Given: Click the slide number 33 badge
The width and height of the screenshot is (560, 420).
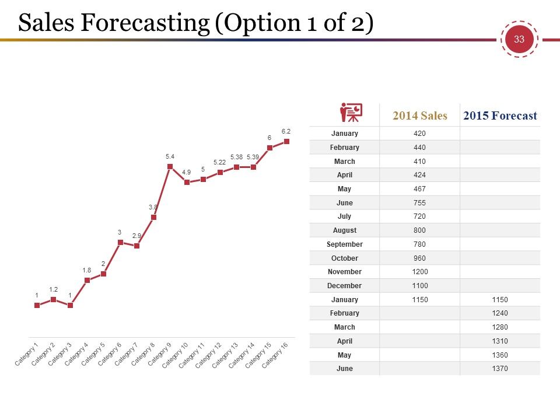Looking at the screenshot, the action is pyautogui.click(x=519, y=39).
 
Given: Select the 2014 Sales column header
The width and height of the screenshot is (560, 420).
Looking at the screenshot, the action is pyautogui.click(x=419, y=116).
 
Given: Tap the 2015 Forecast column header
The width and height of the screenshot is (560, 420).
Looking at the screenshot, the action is pyautogui.click(x=500, y=116).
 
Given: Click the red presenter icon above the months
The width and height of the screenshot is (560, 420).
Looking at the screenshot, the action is pyautogui.click(x=351, y=113).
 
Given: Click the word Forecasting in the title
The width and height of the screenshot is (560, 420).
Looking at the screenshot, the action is pyautogui.click(x=145, y=23).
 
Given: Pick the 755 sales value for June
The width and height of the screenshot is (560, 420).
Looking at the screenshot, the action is pyautogui.click(x=419, y=203).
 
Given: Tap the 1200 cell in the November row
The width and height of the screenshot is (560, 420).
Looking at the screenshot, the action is pyautogui.click(x=419, y=272).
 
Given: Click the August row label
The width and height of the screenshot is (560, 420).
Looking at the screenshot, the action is pyautogui.click(x=345, y=230).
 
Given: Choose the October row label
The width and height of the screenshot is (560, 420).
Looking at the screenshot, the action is pyautogui.click(x=345, y=258).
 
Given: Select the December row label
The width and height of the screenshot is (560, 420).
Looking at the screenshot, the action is pyautogui.click(x=344, y=286).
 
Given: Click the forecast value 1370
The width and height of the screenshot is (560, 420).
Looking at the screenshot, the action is pyautogui.click(x=500, y=369).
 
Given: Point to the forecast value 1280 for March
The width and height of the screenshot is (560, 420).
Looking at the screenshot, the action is pyautogui.click(x=500, y=327).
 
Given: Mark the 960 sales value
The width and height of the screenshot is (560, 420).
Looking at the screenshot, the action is pyautogui.click(x=419, y=258).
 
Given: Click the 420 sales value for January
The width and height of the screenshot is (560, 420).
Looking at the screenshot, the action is pyautogui.click(x=419, y=134).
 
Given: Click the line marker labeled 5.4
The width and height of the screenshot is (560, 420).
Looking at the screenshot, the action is pyautogui.click(x=170, y=166).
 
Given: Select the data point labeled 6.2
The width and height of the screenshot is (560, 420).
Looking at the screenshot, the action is pyautogui.click(x=286, y=141).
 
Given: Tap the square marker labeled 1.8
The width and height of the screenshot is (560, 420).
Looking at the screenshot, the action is pyautogui.click(x=87, y=280).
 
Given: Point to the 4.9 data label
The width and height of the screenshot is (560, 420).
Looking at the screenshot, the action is pyautogui.click(x=187, y=172).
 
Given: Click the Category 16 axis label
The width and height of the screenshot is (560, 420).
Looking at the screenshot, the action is pyautogui.click(x=275, y=355).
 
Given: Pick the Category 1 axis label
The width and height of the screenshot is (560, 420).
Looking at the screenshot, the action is pyautogui.click(x=26, y=355).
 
